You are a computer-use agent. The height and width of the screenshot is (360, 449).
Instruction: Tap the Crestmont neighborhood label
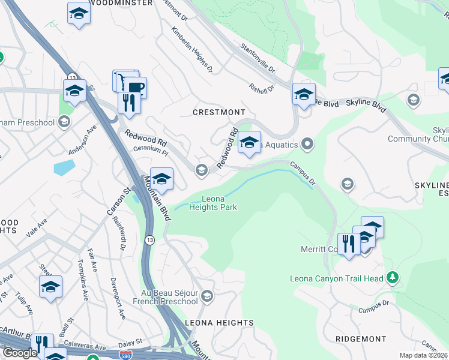click(x=218, y=112)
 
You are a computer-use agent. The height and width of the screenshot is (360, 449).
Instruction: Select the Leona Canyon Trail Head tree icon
click(x=393, y=277)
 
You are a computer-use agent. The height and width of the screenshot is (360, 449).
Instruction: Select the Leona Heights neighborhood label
click(x=218, y=323)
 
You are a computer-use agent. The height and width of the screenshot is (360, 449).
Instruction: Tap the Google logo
click(x=20, y=353)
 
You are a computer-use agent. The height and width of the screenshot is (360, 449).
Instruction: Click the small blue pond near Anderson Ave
click(x=64, y=167)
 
